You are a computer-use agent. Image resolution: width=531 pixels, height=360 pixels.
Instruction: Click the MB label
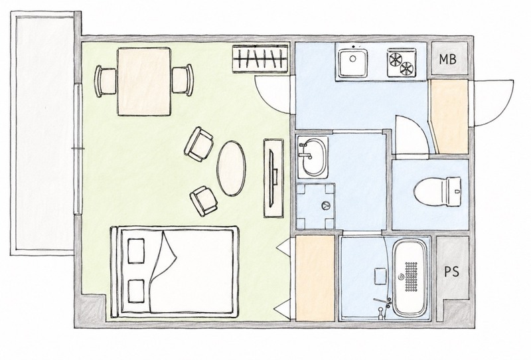pyautogui.click(x=447, y=59)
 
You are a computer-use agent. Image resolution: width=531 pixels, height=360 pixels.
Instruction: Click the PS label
pyautogui.click(x=452, y=272)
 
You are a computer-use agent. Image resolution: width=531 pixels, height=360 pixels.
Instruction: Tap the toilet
pyautogui.click(x=437, y=191)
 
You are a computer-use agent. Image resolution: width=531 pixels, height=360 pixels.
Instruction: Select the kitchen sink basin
pyautogui.click(x=353, y=62)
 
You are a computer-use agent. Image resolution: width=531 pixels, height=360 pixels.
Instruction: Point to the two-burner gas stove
pyautogui.click(x=402, y=62)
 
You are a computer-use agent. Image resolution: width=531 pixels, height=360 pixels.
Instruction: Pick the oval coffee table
pyautogui.click(x=231, y=168)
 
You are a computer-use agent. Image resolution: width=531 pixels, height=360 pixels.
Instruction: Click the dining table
pyautogui.click(x=144, y=82)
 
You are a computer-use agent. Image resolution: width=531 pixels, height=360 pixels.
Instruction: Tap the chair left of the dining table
pyautogui.click(x=106, y=81)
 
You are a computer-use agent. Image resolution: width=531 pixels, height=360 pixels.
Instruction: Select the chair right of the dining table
pyautogui.click(x=183, y=80)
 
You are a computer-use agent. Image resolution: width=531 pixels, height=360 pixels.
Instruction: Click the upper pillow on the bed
pyautogui.click(x=136, y=251)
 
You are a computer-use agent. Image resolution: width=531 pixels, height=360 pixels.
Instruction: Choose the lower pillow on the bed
pyautogui.click(x=137, y=291)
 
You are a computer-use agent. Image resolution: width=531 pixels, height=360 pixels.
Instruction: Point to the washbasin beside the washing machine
pyautogui.click(x=312, y=157)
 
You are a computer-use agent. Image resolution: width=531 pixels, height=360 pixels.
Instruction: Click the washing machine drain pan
pyautogui.click(x=315, y=206)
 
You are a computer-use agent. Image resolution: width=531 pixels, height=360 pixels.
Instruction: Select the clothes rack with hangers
pyautogui.click(x=260, y=58)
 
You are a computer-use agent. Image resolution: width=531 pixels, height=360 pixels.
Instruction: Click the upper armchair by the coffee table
pyautogui.click(x=199, y=144)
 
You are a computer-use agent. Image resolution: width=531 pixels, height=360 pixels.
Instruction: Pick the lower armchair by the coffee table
pyautogui.click(x=204, y=201)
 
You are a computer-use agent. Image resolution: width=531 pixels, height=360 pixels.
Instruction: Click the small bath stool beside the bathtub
pyautogui.click(x=380, y=276)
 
